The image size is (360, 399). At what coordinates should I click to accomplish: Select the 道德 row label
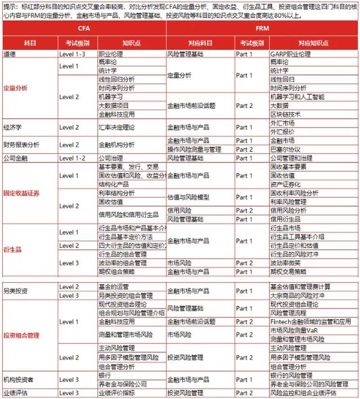click(10, 54)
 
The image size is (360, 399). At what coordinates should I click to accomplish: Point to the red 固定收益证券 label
click(21, 193)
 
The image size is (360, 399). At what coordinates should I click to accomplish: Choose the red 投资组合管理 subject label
click(21, 335)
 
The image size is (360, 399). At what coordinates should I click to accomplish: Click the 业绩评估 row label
click(15, 393)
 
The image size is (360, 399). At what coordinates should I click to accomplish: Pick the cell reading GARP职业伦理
click(290, 54)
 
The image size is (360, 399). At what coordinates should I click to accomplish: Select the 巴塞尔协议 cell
click(286, 149)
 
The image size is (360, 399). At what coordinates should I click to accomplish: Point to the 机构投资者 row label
click(19, 379)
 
